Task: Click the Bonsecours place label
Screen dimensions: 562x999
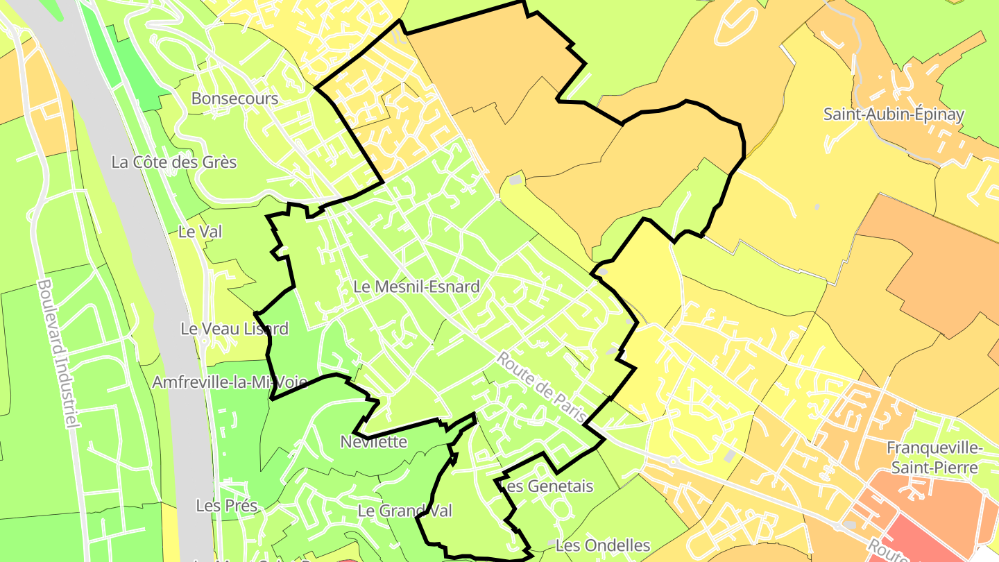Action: pos(234,99)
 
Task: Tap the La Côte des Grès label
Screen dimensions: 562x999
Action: pos(174,162)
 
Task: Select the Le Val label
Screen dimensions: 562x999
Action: pos(200,232)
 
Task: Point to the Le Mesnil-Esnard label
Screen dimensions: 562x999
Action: pos(416,286)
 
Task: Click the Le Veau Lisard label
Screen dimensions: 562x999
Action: pos(234,328)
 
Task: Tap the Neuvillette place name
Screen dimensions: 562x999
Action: pos(373,442)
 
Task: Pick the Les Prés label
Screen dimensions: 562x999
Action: pos(227,506)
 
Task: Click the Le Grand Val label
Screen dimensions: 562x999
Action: pos(404,511)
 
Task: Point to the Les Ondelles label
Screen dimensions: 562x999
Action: pos(603,545)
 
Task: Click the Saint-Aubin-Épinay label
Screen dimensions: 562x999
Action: pos(894,114)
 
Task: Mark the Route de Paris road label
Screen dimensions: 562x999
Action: pos(542,388)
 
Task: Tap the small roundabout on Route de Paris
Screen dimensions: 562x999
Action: pos(672,461)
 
